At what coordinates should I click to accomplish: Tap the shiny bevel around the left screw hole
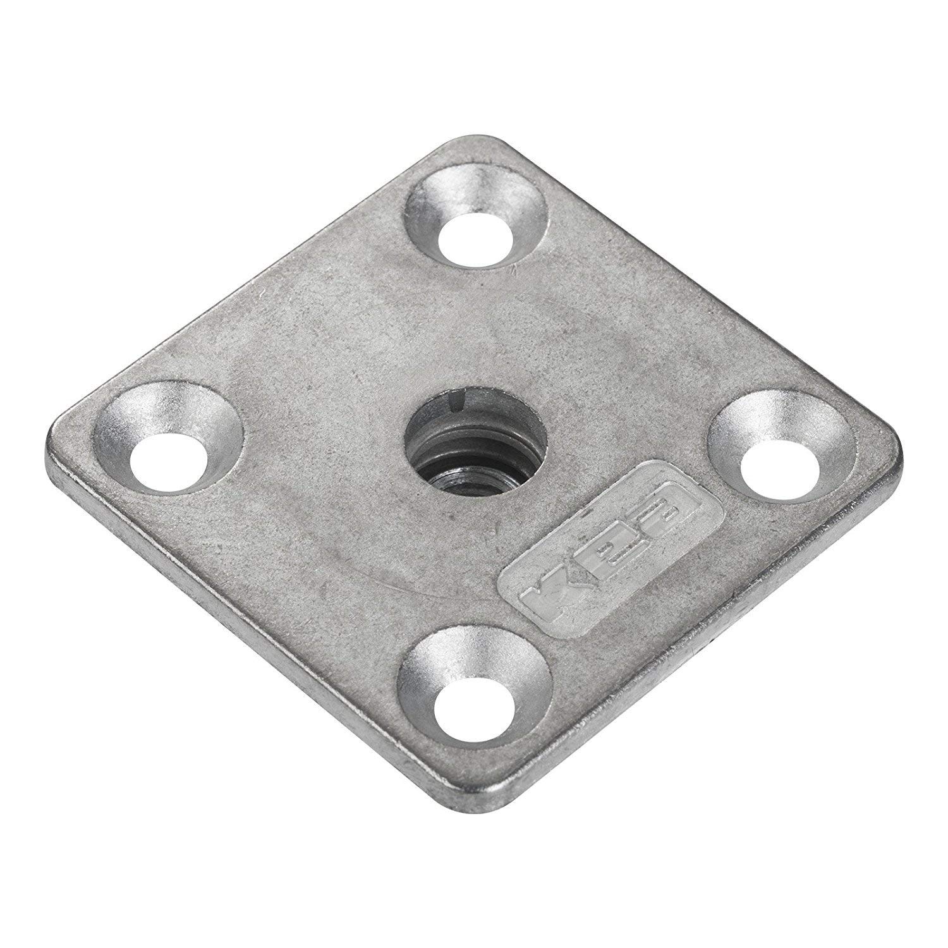[x=126, y=418]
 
